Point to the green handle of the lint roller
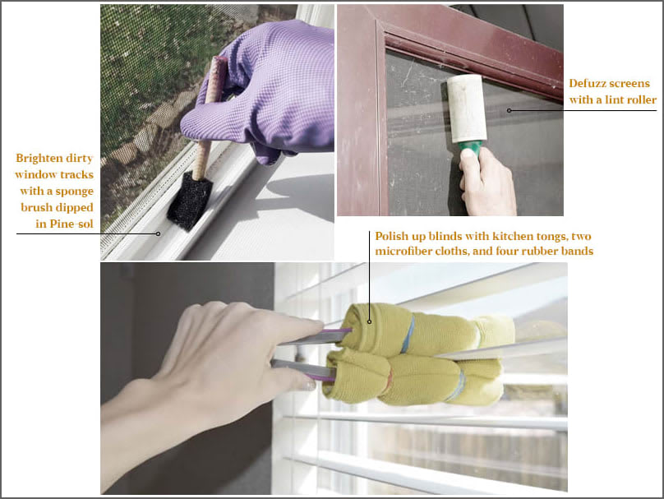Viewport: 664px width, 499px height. pos(469,149)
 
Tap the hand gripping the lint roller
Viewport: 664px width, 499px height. pos(487,183)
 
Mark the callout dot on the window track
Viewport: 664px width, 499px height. pos(158,233)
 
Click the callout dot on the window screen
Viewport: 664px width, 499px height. pos(510,110)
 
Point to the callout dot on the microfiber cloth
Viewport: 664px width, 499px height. pos(369,322)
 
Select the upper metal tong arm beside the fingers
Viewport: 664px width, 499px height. pos(316,338)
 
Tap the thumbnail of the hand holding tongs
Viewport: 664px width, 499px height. pos(309,384)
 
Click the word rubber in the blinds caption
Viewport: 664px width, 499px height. pos(538,252)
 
